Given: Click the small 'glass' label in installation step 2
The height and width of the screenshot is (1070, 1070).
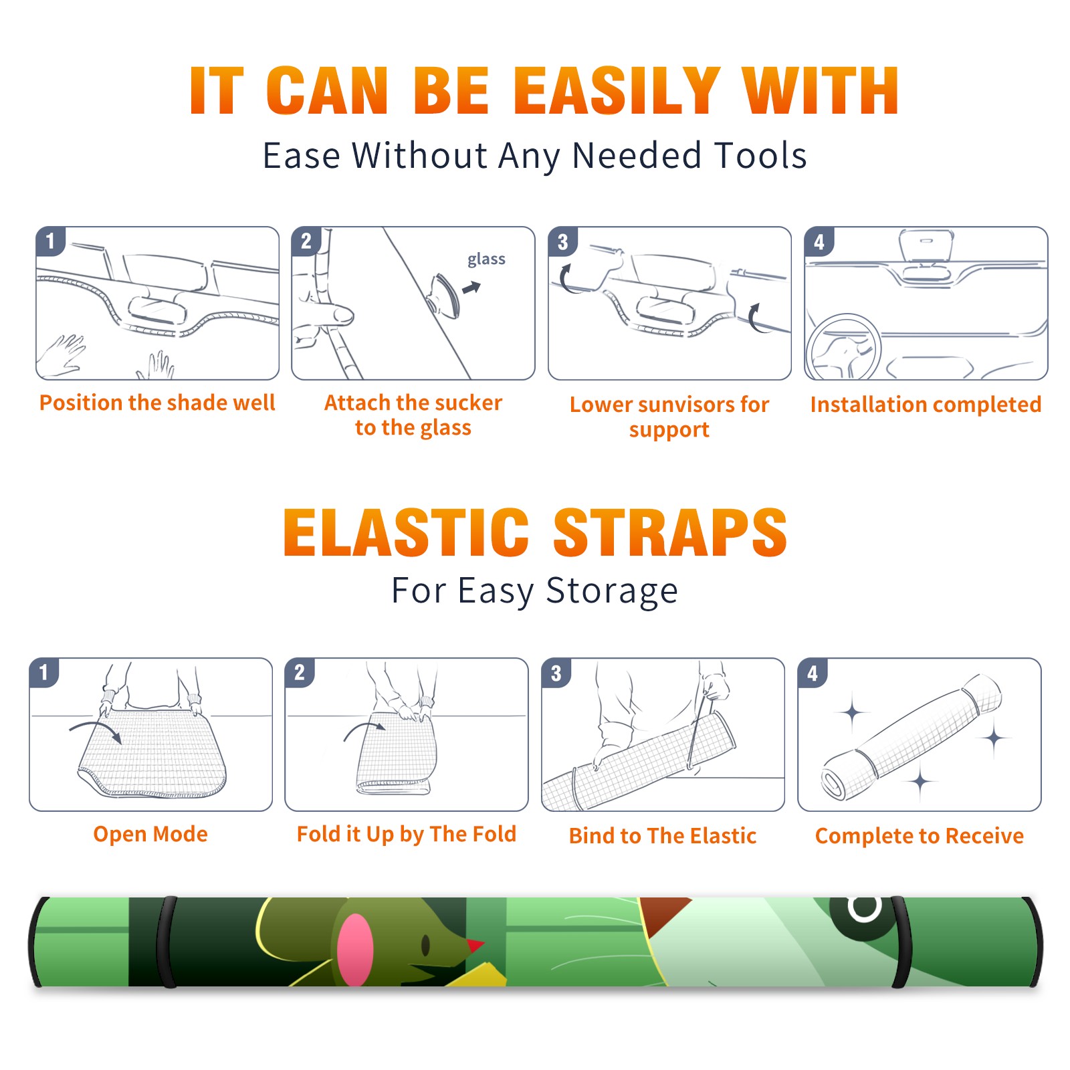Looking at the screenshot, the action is coord(486,259).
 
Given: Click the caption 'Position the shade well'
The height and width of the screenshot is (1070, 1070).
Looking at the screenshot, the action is coord(157,403).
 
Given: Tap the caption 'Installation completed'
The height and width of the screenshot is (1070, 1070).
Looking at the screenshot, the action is coord(926,404).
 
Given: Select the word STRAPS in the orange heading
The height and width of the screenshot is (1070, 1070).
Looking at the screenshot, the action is coord(670,532).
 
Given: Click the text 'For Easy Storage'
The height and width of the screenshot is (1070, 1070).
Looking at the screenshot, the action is coord(534,591).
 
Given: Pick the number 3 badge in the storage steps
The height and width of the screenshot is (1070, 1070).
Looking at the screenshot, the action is coord(556,673).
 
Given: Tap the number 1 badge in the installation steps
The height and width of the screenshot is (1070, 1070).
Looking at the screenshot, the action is coord(50,241).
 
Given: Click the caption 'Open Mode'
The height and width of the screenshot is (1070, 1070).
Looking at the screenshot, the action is coord(150,834).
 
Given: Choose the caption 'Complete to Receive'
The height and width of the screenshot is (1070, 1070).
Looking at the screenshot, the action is coord(920,836).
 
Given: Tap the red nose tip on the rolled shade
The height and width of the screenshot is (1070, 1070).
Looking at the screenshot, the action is coord(475,946).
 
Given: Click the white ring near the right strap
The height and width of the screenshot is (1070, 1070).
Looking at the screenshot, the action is coord(865,907).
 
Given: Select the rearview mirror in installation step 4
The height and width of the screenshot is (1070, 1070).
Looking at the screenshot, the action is coord(926,247).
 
